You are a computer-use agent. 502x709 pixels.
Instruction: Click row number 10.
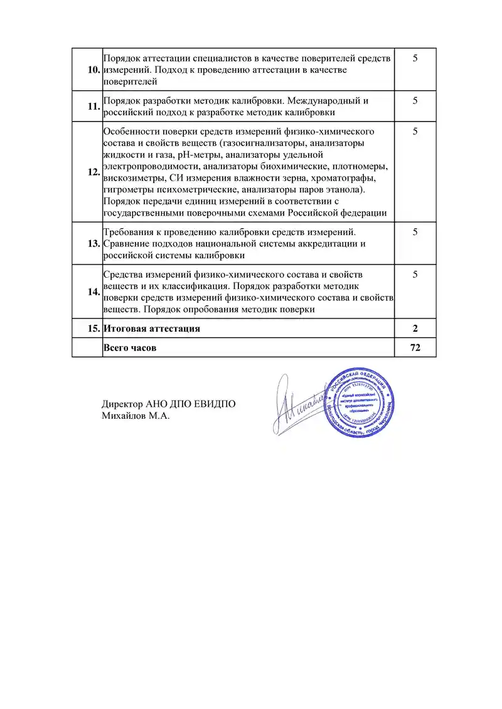click(94, 70)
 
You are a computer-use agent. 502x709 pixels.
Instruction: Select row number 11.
click(94, 106)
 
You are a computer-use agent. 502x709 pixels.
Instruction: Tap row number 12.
click(94, 172)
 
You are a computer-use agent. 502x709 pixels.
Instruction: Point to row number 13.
click(94, 243)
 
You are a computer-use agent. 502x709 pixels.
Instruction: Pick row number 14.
click(94, 291)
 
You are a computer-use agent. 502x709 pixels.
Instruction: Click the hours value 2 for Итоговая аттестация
click(415, 328)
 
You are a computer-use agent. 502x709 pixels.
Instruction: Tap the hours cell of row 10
click(415, 58)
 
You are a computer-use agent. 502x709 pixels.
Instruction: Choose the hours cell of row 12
click(415, 131)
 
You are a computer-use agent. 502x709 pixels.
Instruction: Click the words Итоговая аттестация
click(152, 328)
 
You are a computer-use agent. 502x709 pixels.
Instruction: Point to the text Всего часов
click(130, 347)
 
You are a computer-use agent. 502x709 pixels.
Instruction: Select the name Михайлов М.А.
click(136, 415)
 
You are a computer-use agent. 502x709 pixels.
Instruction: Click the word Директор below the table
click(122, 404)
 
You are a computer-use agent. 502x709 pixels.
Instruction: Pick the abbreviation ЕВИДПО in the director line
click(215, 404)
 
